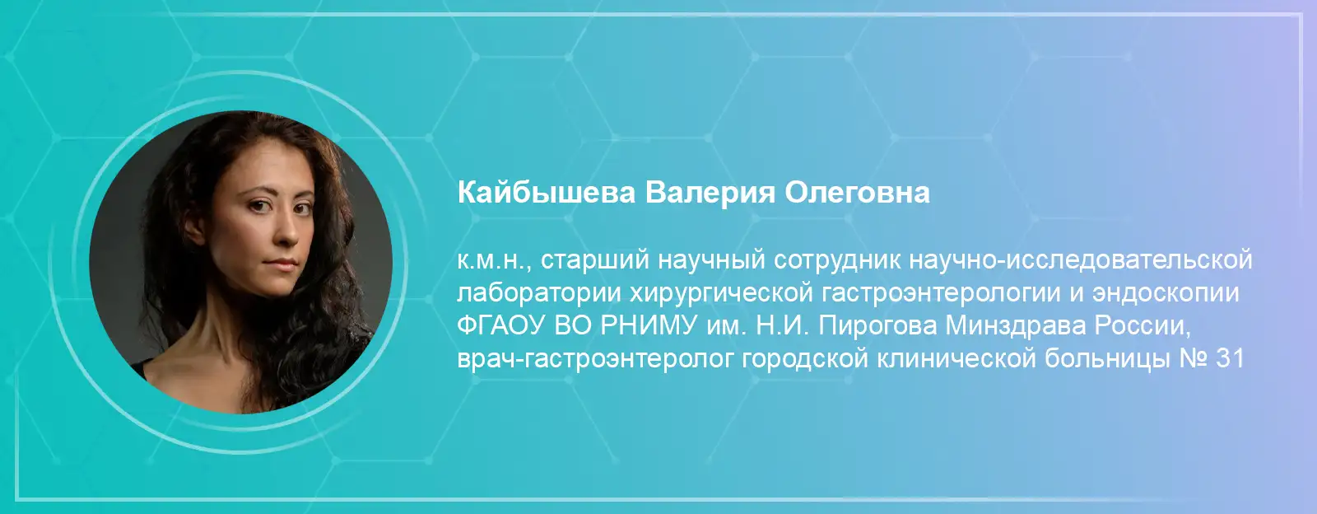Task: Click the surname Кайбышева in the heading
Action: [x=547, y=193]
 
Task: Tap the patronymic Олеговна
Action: [x=857, y=193]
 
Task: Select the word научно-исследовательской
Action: [x=1081, y=261]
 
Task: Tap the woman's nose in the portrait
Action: [x=286, y=231]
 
